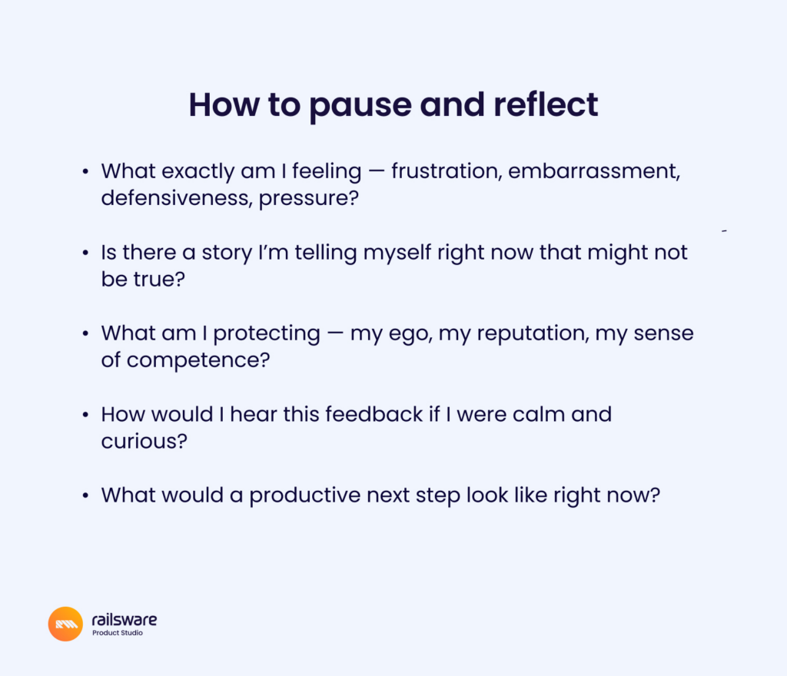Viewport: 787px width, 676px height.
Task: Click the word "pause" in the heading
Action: [360, 106]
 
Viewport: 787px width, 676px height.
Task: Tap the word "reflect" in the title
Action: [546, 104]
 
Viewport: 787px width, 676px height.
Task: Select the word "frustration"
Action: [447, 171]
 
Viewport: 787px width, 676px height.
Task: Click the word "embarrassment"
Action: [594, 171]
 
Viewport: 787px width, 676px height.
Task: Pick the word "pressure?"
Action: [309, 199]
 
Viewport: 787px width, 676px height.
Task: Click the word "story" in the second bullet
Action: [227, 253]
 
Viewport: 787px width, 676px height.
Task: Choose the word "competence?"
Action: [198, 360]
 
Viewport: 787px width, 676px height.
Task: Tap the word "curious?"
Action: [144, 441]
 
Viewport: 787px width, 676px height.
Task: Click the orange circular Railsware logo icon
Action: [65, 624]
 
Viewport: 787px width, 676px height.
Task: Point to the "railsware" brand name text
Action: [125, 620]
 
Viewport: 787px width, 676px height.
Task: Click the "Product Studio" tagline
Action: [118, 633]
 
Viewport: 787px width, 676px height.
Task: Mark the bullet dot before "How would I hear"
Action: [85, 415]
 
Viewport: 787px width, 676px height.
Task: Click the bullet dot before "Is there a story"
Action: [85, 253]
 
